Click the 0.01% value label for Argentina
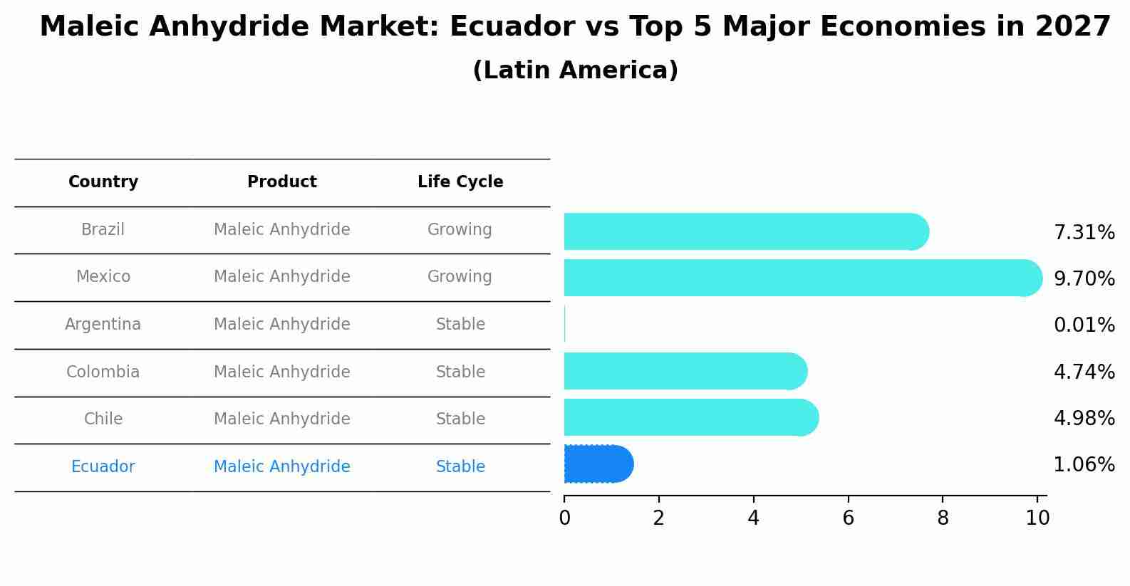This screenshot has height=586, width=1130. (x=1084, y=325)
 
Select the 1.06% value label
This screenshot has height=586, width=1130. (x=1084, y=465)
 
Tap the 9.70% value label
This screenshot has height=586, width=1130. (x=1084, y=279)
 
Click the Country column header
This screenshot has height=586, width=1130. (x=103, y=182)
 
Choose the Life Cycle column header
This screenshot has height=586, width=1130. (x=460, y=182)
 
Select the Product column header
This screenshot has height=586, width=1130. (x=282, y=182)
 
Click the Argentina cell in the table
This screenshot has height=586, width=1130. (x=103, y=325)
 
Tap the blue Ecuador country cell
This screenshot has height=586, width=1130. (x=103, y=467)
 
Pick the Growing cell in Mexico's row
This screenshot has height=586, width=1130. (x=460, y=277)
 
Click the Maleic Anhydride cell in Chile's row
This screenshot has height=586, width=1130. (x=282, y=419)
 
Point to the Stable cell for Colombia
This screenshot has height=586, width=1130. (x=460, y=372)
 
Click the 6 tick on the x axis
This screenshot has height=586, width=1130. (x=848, y=518)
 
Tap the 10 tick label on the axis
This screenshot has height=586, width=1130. (x=1037, y=518)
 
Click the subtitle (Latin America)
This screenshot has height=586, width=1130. (x=575, y=70)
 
